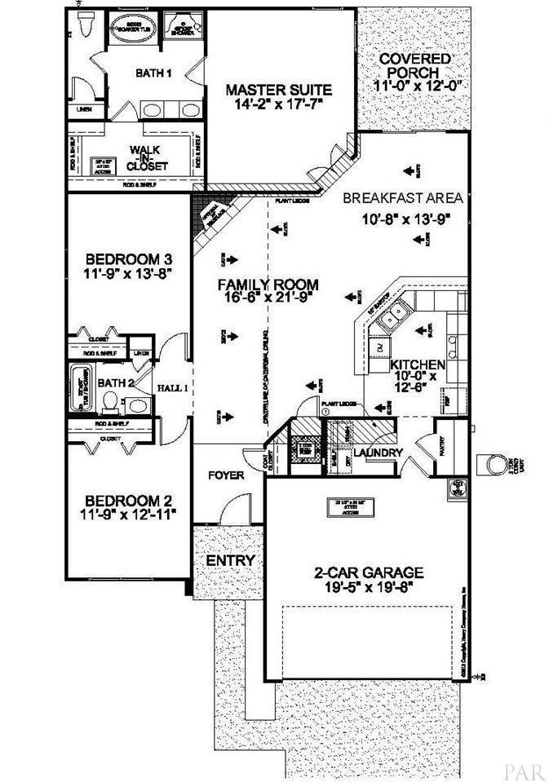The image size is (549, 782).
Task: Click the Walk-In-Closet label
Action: coord(148,157)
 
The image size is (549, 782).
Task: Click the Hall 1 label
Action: coord(173,388)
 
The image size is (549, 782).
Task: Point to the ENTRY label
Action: coord(230,561)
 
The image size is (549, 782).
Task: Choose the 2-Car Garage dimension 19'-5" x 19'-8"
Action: coord(364,586)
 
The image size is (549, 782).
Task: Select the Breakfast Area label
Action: coord(402,198)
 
